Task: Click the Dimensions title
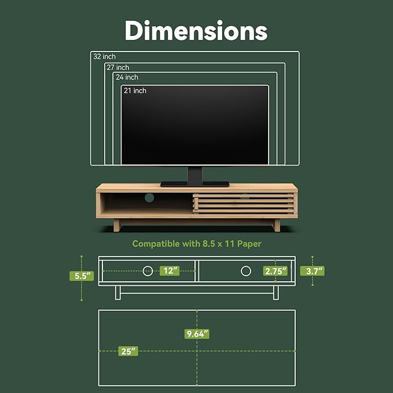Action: pyautogui.click(x=196, y=30)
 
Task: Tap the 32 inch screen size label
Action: pyautogui.click(x=105, y=57)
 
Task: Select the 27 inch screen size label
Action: pyautogui.click(x=118, y=68)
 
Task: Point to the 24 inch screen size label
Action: pyautogui.click(x=127, y=78)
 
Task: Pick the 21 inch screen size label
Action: pyautogui.click(x=135, y=91)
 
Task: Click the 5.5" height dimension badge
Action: pyautogui.click(x=82, y=276)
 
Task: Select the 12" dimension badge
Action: pyautogui.click(x=171, y=270)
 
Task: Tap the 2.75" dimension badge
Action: pyautogui.click(x=275, y=270)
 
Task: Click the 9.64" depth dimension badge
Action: pyautogui.click(x=197, y=333)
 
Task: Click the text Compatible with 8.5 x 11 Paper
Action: pyautogui.click(x=197, y=244)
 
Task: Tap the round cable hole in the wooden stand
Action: pyautogui.click(x=149, y=198)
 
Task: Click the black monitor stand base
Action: pyautogui.click(x=194, y=184)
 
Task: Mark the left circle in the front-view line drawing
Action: pyautogui.click(x=148, y=270)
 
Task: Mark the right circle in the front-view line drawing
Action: pyautogui.click(x=246, y=270)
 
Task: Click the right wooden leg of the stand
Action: pyautogui.click(x=277, y=225)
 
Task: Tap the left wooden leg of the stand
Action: pyautogui.click(x=117, y=225)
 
